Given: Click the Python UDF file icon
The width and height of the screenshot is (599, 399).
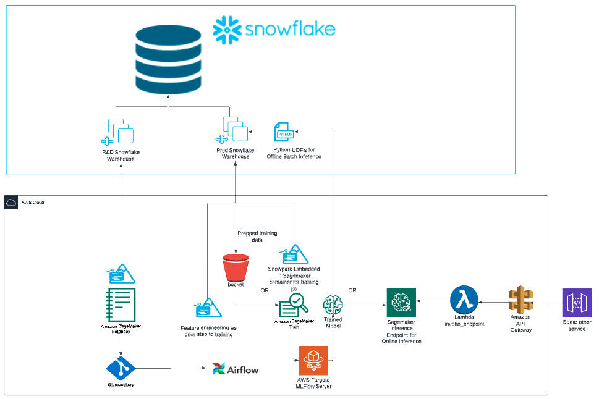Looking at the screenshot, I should tap(285, 132).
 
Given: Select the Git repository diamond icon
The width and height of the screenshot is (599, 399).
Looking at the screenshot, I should tap(121, 369).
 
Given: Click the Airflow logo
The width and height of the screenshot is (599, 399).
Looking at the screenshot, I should tap(235, 369).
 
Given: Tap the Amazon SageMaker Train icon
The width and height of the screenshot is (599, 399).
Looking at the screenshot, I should tap(293, 304).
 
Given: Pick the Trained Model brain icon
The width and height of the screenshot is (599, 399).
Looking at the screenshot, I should tap(333, 304).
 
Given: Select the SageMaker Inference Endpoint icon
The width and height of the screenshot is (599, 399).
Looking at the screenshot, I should tap(401, 302).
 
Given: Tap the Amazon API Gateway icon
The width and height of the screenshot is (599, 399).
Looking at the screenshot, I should tap(520, 301).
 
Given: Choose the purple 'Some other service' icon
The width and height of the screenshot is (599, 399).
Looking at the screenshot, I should tap(577, 303).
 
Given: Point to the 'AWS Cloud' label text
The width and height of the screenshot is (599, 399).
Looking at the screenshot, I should tap(33, 203).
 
